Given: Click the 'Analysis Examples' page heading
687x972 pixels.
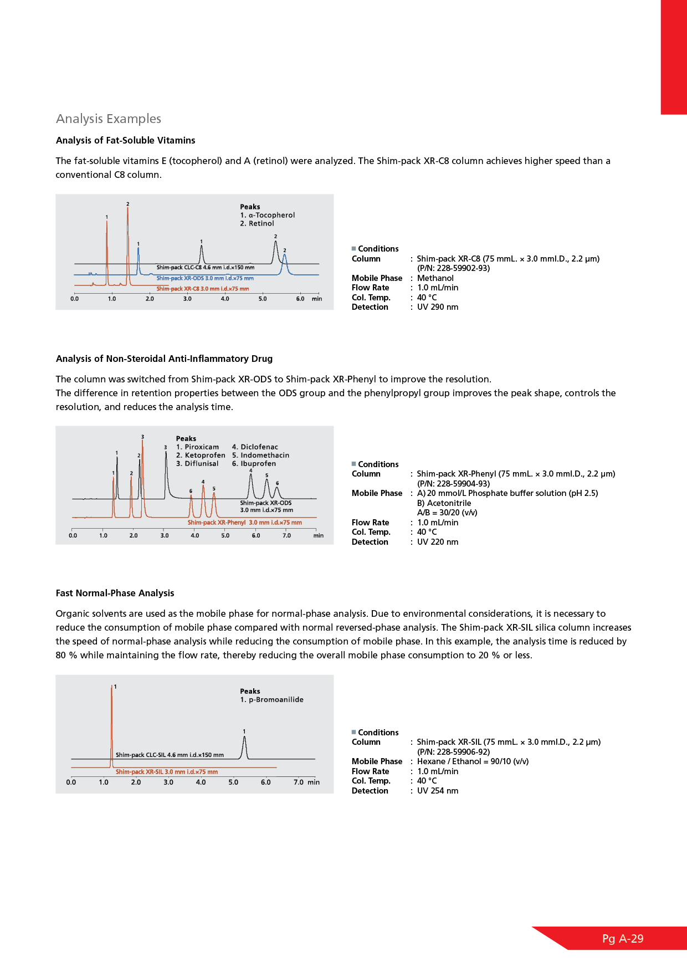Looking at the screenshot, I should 109,119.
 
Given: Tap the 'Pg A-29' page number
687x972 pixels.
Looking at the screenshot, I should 623,939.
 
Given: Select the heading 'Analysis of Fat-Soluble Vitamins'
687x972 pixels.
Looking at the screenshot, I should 126,140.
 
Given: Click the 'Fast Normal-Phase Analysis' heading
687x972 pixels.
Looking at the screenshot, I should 115,593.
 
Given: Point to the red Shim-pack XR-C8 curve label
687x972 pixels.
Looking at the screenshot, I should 203,289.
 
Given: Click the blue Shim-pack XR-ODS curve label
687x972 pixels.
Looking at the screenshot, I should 205,278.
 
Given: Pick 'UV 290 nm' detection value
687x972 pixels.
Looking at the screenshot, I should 438,307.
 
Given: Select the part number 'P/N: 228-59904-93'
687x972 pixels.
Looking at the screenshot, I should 454,483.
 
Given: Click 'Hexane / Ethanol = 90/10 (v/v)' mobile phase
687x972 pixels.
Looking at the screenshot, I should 473,761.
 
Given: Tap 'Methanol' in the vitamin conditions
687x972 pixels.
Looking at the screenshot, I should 435,278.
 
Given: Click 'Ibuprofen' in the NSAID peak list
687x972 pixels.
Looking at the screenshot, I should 258,464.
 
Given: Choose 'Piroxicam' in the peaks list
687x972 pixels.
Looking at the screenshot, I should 202,447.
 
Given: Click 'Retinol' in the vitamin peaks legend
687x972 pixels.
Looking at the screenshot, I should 261,224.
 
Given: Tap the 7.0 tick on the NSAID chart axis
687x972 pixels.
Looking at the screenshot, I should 286,535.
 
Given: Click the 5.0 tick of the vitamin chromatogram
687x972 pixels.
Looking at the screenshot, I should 263,299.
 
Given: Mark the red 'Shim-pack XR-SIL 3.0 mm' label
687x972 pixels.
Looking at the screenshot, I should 167,772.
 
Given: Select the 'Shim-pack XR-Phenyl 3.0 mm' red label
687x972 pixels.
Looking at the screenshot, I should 245,523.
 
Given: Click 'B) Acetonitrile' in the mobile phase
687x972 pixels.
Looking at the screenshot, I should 444,503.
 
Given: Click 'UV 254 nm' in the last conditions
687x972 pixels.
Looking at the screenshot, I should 438,791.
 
